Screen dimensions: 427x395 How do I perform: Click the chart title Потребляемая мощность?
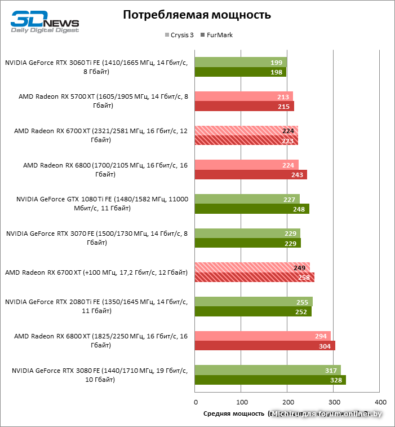click(x=197, y=15)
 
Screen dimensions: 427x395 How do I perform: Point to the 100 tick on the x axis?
click(x=241, y=402)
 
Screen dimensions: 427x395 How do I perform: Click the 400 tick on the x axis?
click(x=380, y=402)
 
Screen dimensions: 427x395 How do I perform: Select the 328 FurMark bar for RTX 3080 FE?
click(x=270, y=380)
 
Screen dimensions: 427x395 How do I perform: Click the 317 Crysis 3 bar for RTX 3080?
click(x=268, y=371)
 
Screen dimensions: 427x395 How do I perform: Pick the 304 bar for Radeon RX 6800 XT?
click(x=265, y=346)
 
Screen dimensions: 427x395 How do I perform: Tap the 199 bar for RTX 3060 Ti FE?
click(x=241, y=62)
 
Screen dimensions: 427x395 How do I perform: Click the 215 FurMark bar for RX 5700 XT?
click(x=245, y=106)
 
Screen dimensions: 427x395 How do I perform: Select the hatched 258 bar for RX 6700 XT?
click(x=255, y=277)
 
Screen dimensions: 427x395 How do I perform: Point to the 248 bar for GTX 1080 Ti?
click(x=252, y=209)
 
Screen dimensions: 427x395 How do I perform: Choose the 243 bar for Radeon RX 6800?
click(x=251, y=174)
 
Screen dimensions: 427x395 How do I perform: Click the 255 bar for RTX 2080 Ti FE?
click(x=254, y=302)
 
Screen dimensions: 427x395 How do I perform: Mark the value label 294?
click(x=321, y=336)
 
